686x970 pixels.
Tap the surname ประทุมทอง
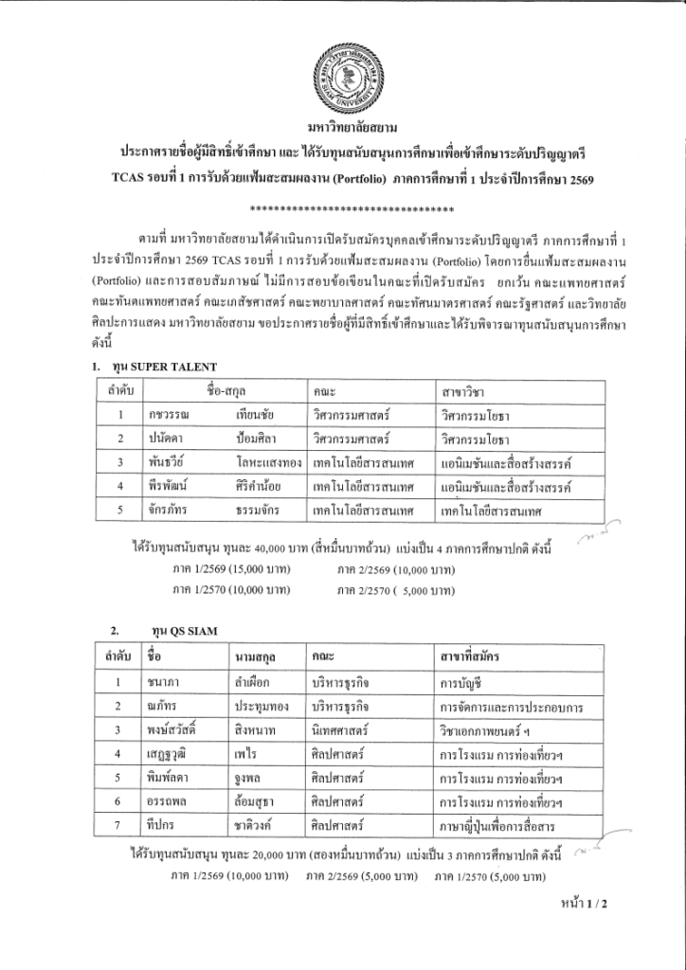click(264, 706)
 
